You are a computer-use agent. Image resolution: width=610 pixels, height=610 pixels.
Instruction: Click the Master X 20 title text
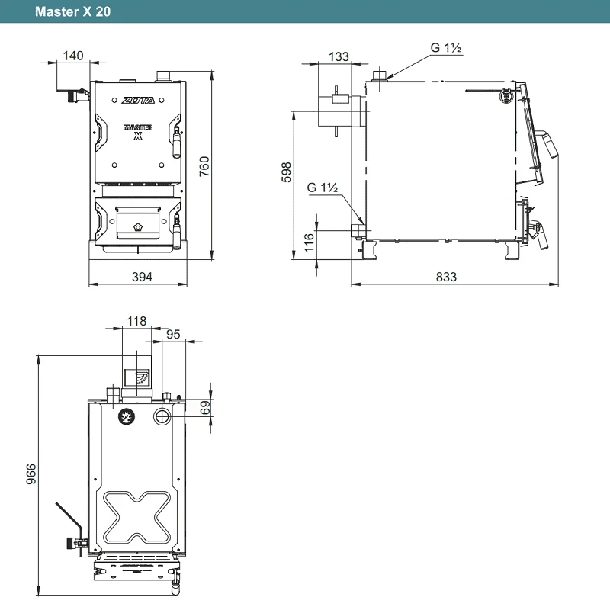(72, 11)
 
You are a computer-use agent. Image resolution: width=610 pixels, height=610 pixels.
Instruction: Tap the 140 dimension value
(73, 56)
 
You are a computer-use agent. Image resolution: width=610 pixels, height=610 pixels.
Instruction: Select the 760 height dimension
(204, 166)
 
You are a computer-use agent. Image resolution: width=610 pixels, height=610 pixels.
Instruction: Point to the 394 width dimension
(142, 277)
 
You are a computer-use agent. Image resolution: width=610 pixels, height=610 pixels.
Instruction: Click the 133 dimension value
(339, 56)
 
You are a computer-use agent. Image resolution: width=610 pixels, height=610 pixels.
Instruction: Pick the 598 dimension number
(287, 172)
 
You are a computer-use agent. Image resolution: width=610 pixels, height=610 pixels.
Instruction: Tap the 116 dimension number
(309, 242)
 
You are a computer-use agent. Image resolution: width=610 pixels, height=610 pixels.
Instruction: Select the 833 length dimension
(446, 277)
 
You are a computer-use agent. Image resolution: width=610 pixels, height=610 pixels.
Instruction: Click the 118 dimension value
(136, 321)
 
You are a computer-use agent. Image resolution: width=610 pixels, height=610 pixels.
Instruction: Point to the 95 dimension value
(173, 335)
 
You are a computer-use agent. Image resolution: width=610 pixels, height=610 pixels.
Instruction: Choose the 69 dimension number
(205, 408)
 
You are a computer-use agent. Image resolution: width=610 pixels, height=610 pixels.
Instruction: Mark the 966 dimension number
(31, 474)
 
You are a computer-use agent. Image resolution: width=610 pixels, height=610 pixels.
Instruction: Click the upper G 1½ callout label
(446, 48)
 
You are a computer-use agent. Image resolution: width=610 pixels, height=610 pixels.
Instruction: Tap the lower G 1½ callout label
(323, 188)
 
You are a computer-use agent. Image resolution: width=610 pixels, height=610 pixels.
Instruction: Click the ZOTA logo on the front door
(138, 101)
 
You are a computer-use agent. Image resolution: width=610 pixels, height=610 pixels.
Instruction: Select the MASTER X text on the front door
(138, 132)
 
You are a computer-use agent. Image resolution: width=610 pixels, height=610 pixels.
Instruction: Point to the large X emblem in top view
(137, 517)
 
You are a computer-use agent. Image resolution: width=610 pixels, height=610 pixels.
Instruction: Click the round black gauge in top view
(127, 417)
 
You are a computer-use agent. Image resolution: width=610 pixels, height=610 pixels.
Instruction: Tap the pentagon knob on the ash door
(138, 226)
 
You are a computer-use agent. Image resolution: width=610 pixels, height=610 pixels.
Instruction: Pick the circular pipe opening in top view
(162, 416)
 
